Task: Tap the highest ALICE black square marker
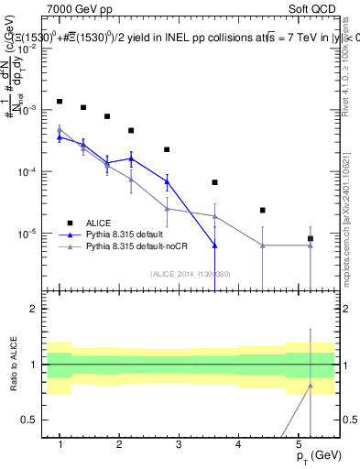(60, 102)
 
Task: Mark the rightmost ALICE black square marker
(311, 239)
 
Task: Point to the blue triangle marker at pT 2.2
(131, 158)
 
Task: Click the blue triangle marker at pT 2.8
(167, 181)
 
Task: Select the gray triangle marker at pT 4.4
(263, 245)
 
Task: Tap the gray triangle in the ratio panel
(311, 386)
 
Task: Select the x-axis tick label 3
(179, 444)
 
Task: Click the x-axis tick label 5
(299, 444)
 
